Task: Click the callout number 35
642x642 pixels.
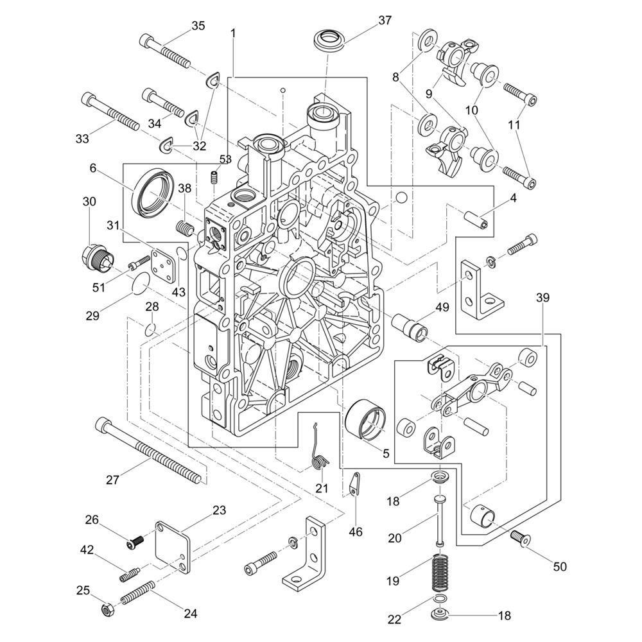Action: (x=198, y=26)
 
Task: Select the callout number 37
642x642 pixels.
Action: (x=385, y=20)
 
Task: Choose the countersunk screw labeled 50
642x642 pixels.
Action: (x=520, y=538)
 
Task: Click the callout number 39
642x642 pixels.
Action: (x=543, y=298)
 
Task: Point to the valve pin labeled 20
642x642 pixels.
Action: (x=439, y=518)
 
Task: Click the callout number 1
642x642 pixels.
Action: (x=233, y=32)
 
